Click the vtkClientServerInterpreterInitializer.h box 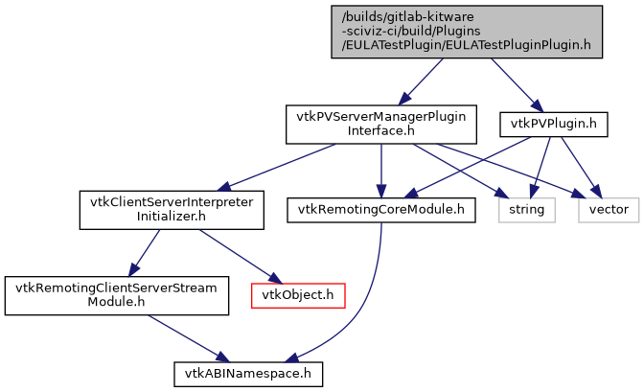coord(171,208)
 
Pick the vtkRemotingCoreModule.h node coord(380,208)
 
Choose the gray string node coord(525,208)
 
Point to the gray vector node coord(609,208)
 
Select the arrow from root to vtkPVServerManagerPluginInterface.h coord(423,81)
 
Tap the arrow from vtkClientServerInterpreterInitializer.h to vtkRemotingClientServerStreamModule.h coord(145,251)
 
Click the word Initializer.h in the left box coord(171,216)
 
